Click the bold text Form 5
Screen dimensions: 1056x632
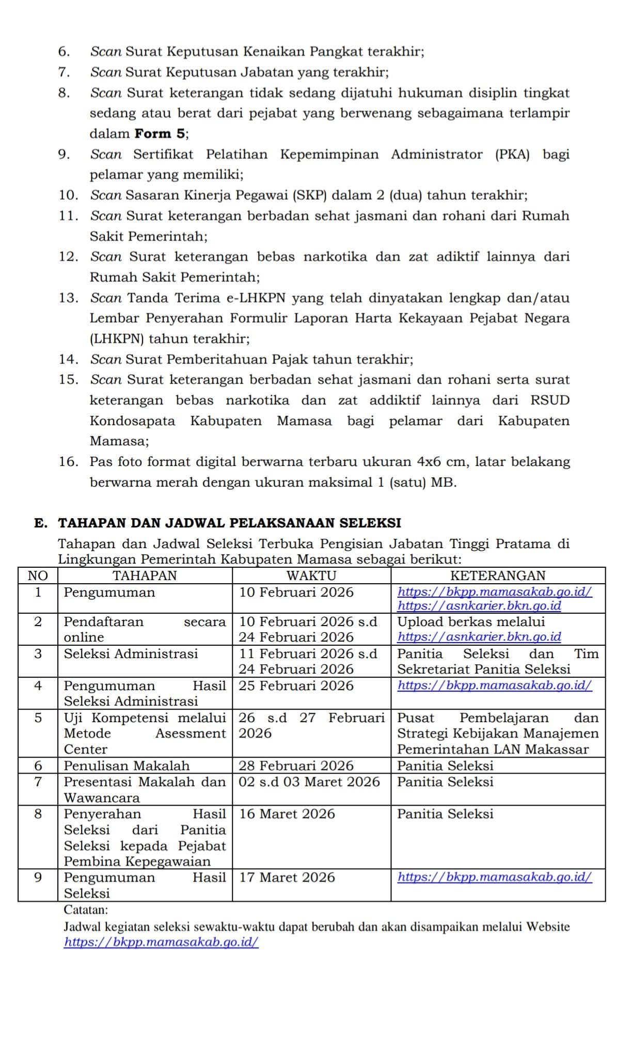click(160, 134)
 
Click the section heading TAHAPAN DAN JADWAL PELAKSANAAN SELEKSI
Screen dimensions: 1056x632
click(230, 523)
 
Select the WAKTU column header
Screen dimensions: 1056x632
click(311, 575)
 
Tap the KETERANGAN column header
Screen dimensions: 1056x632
click(498, 575)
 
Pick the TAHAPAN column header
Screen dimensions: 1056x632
click(145, 575)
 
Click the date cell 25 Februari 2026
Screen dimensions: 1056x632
click(296, 685)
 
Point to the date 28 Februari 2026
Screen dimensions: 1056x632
click(296, 765)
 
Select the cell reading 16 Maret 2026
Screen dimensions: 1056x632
click(287, 814)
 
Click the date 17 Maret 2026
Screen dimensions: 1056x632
click(287, 877)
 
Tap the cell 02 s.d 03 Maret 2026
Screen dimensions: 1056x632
click(309, 782)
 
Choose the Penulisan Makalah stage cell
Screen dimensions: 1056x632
click(127, 765)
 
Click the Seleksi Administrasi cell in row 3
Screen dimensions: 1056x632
click(131, 654)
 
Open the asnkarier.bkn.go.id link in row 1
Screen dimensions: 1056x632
click(479, 605)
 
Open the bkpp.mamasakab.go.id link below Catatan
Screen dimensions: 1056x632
click(161, 942)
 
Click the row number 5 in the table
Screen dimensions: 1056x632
click(38, 718)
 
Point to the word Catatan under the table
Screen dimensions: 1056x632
click(86, 909)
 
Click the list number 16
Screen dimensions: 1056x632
click(68, 461)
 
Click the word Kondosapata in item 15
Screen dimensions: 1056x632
click(132, 421)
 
